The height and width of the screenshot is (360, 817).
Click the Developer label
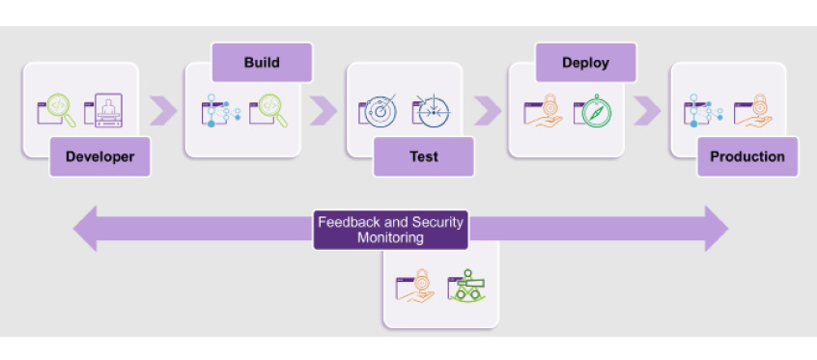click(x=100, y=156)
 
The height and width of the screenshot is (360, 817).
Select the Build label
click(x=262, y=63)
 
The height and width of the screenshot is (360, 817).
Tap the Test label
click(x=423, y=156)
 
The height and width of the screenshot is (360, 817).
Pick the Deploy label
click(x=586, y=63)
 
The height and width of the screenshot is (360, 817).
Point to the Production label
click(x=747, y=156)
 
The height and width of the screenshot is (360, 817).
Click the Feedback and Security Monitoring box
click(x=390, y=229)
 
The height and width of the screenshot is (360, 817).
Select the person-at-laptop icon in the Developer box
click(x=104, y=111)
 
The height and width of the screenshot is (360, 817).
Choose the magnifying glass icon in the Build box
click(x=268, y=110)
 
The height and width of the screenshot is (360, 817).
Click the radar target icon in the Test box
click(x=379, y=111)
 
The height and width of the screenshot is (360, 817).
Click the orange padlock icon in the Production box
click(x=753, y=111)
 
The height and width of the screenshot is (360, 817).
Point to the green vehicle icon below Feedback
click(x=466, y=286)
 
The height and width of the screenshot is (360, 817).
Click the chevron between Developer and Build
click(x=165, y=110)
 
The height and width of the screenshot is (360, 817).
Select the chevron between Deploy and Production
click(x=648, y=110)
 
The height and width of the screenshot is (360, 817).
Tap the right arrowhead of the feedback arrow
click(x=716, y=229)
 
